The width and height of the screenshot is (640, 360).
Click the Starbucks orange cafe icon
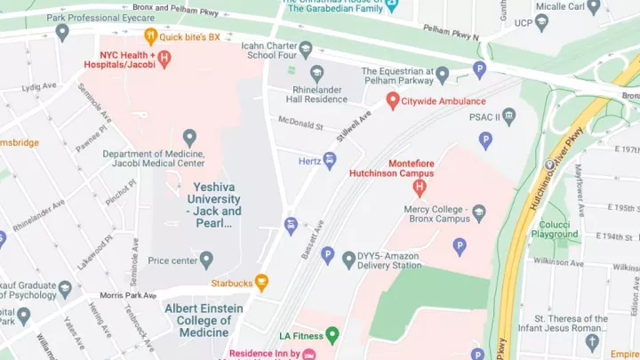point(261,283)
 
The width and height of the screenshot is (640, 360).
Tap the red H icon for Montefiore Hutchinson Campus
point(420,187)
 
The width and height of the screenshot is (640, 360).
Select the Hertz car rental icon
point(330,161)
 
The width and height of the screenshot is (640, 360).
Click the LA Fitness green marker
point(332,335)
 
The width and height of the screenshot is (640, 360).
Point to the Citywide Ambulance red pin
point(392,101)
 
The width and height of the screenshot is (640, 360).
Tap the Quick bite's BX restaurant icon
point(150,36)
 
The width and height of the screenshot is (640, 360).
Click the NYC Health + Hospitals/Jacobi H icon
point(164,58)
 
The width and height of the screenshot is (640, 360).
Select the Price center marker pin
point(206,260)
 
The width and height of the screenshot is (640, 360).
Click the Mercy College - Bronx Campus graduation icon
point(479,212)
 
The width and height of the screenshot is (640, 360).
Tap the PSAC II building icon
point(508,116)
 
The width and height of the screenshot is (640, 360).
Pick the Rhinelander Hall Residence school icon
point(317,74)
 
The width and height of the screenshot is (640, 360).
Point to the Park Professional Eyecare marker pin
point(61,32)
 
